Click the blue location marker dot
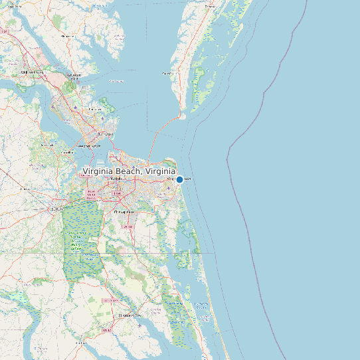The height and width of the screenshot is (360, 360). (179, 179)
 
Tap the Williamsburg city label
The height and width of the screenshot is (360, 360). (31, 72)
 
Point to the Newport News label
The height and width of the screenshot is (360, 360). (88, 145)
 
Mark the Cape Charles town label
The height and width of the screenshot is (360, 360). (167, 73)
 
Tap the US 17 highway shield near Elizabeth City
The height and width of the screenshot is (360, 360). (106, 329)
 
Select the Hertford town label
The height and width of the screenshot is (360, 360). (81, 343)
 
